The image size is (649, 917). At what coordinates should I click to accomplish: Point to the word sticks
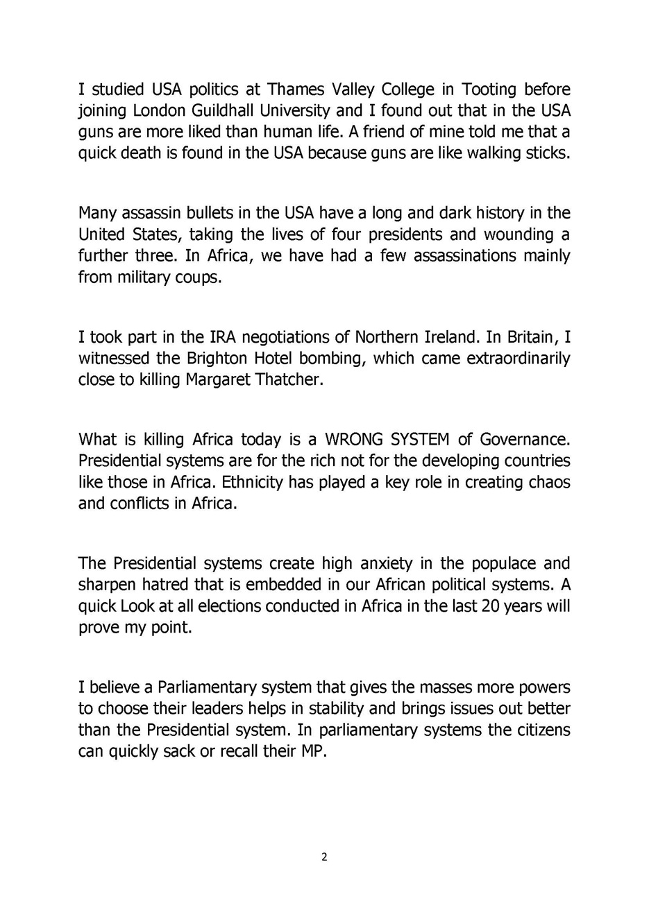(548, 153)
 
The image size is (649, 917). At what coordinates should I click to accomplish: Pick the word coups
(199, 277)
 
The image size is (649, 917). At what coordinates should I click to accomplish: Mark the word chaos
(549, 482)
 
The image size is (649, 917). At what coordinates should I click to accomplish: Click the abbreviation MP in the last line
(312, 751)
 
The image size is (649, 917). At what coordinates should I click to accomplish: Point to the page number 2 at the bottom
(324, 857)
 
